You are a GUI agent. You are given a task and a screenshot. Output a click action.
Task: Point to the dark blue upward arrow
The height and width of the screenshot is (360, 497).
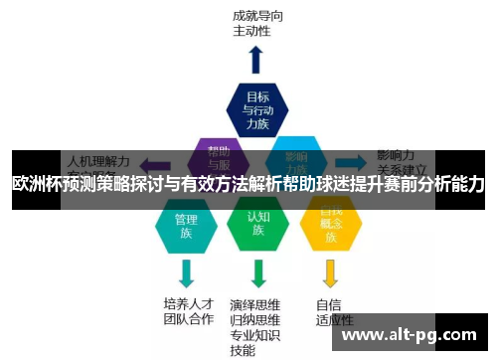click(257, 59)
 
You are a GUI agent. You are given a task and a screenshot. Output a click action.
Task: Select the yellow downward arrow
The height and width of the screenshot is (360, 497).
click(331, 271)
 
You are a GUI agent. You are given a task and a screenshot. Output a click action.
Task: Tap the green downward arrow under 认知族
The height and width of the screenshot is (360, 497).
click(258, 271)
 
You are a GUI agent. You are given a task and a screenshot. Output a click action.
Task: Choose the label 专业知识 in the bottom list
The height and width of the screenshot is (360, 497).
click(256, 335)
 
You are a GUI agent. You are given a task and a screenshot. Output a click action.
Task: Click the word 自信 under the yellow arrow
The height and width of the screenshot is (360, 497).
click(329, 303)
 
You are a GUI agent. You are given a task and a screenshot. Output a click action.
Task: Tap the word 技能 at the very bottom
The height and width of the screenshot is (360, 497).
click(242, 350)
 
